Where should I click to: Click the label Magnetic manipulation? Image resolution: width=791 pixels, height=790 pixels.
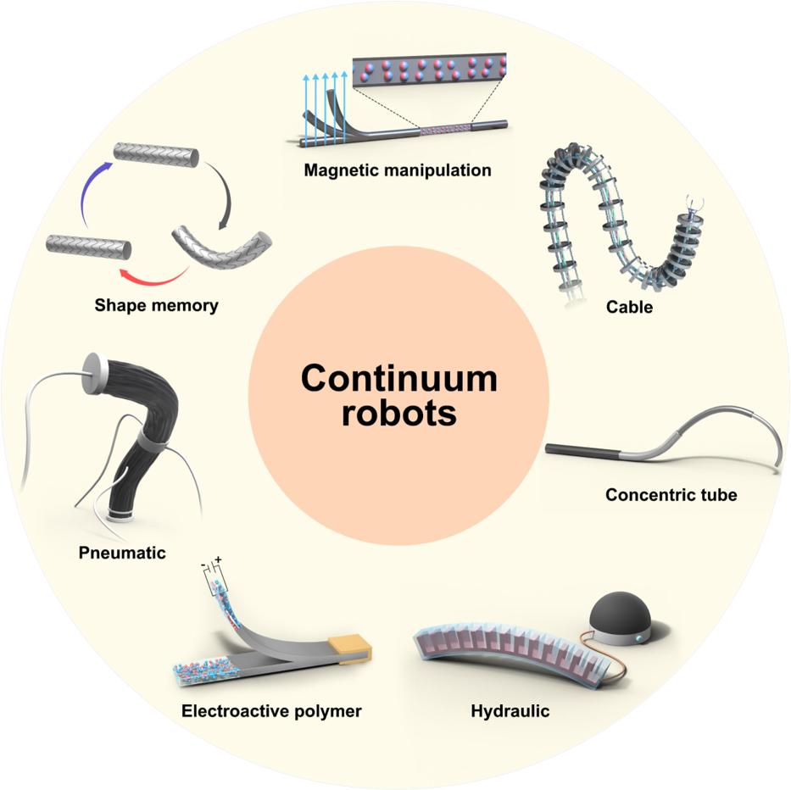(x=398, y=170)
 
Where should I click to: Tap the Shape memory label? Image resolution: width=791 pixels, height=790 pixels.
(x=156, y=305)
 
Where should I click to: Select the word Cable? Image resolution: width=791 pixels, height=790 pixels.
(x=629, y=307)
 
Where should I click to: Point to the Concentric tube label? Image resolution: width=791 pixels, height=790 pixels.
(x=671, y=494)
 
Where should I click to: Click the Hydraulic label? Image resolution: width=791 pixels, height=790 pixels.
(x=510, y=711)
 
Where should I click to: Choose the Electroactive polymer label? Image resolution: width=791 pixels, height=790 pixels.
(x=271, y=711)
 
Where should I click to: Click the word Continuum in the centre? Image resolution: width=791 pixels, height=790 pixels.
(x=398, y=378)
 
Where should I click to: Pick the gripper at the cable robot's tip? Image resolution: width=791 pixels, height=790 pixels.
(x=694, y=203)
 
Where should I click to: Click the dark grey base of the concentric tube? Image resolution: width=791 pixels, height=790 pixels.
(x=585, y=451)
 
